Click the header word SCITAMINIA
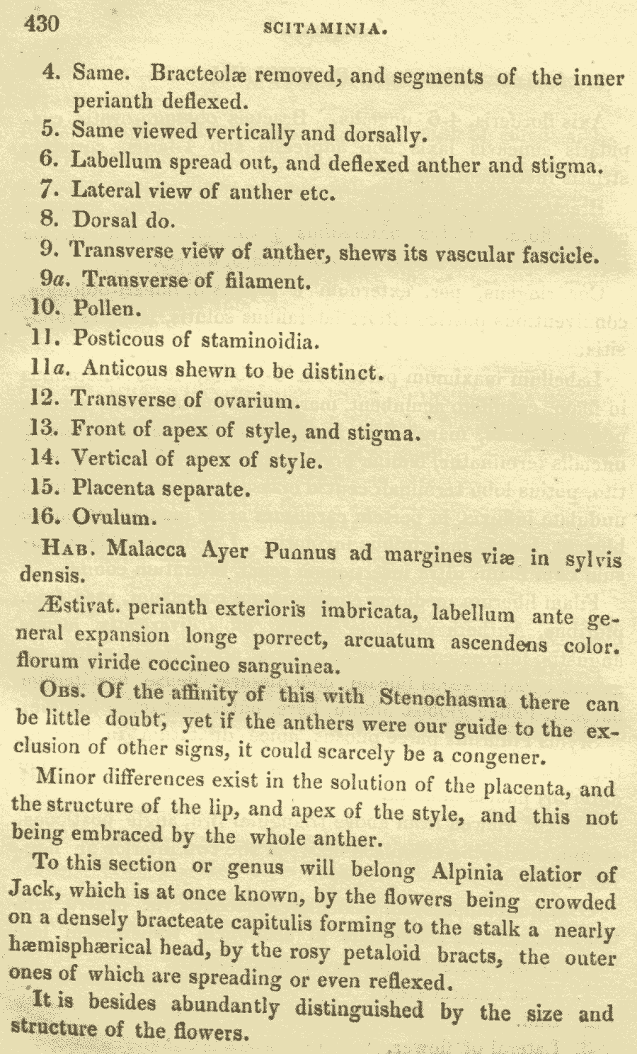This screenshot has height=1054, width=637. [323, 29]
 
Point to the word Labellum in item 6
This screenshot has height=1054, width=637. [111, 161]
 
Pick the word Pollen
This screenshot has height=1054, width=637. [103, 309]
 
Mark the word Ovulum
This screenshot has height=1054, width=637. [112, 517]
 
